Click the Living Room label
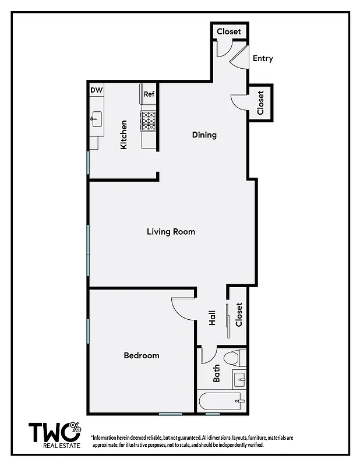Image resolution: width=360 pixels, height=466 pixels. point(171,232)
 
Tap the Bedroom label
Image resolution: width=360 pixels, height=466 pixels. point(142,355)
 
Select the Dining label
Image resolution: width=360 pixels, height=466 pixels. point(204,135)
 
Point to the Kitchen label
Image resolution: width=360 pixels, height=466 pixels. point(123,135)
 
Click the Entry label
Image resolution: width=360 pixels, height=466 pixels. point(263,59)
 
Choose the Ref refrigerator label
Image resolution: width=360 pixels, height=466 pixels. point(149,94)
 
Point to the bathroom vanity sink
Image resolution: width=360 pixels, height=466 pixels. point(239,380)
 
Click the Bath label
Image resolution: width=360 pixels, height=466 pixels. point(216,373)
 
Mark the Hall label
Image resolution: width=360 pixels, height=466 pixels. point(213,317)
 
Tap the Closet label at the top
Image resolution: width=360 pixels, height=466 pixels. point(229,31)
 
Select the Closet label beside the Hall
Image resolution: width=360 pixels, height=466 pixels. point(238,315)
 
